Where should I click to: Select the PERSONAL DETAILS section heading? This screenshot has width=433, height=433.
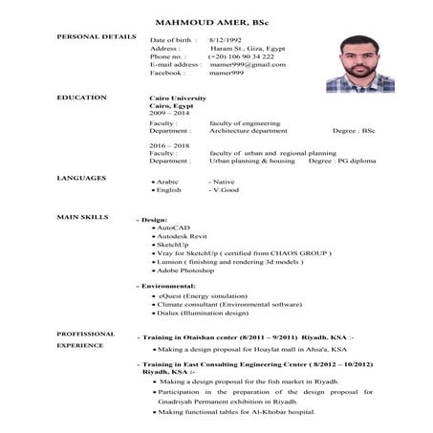tap(97, 36)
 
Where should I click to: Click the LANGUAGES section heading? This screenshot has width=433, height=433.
tap(81, 178)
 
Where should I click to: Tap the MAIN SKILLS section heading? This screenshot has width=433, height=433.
tap(82, 218)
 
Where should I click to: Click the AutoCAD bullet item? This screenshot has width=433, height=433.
tap(175, 228)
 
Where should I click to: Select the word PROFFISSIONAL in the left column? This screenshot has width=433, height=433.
tap(86, 335)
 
